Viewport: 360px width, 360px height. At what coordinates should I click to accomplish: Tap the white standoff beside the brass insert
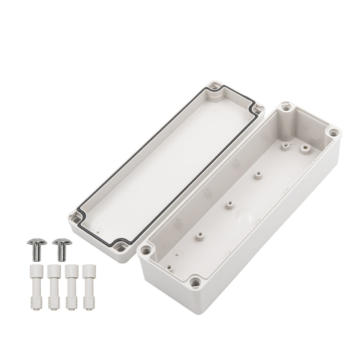(x=285, y=145)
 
